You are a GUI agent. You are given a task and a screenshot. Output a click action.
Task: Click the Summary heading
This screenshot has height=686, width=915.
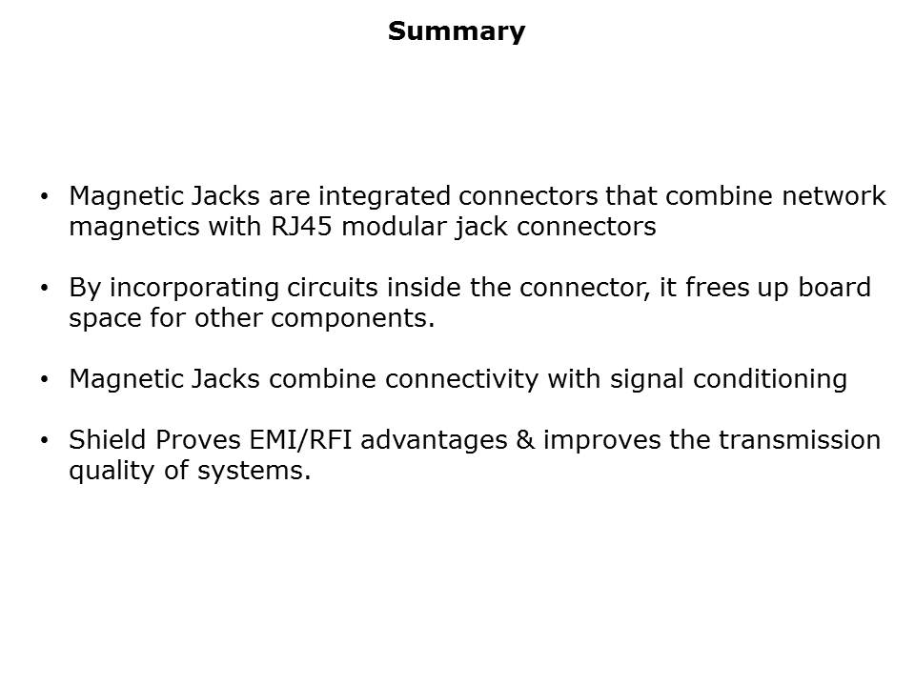[x=457, y=31]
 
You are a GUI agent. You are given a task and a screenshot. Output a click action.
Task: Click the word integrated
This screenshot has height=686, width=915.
[x=384, y=197]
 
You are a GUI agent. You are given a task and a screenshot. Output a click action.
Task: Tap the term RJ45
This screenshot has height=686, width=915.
[x=302, y=227]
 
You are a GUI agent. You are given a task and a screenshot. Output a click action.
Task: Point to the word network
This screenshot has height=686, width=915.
[x=834, y=195]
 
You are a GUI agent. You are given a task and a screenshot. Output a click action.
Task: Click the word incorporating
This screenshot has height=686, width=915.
[x=194, y=288]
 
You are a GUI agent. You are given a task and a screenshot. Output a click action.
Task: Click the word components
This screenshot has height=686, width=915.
[x=353, y=319]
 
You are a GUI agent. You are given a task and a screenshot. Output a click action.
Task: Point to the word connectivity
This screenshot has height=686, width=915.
[x=461, y=378]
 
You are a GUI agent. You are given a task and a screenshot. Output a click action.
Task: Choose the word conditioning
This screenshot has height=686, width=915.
[x=770, y=380]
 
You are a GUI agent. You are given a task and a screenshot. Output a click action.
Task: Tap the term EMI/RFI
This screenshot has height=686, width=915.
[x=300, y=440]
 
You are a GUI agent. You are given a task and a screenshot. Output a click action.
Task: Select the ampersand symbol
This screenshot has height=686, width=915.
[x=525, y=440]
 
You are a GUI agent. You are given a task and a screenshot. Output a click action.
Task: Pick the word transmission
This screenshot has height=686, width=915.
[x=800, y=440]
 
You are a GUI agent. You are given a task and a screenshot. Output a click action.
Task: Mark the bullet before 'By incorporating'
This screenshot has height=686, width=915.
[x=45, y=287]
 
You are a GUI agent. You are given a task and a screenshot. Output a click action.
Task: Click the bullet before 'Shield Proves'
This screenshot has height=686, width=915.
[x=45, y=440]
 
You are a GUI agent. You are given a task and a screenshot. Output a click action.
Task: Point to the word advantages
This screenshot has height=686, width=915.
[x=434, y=440]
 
